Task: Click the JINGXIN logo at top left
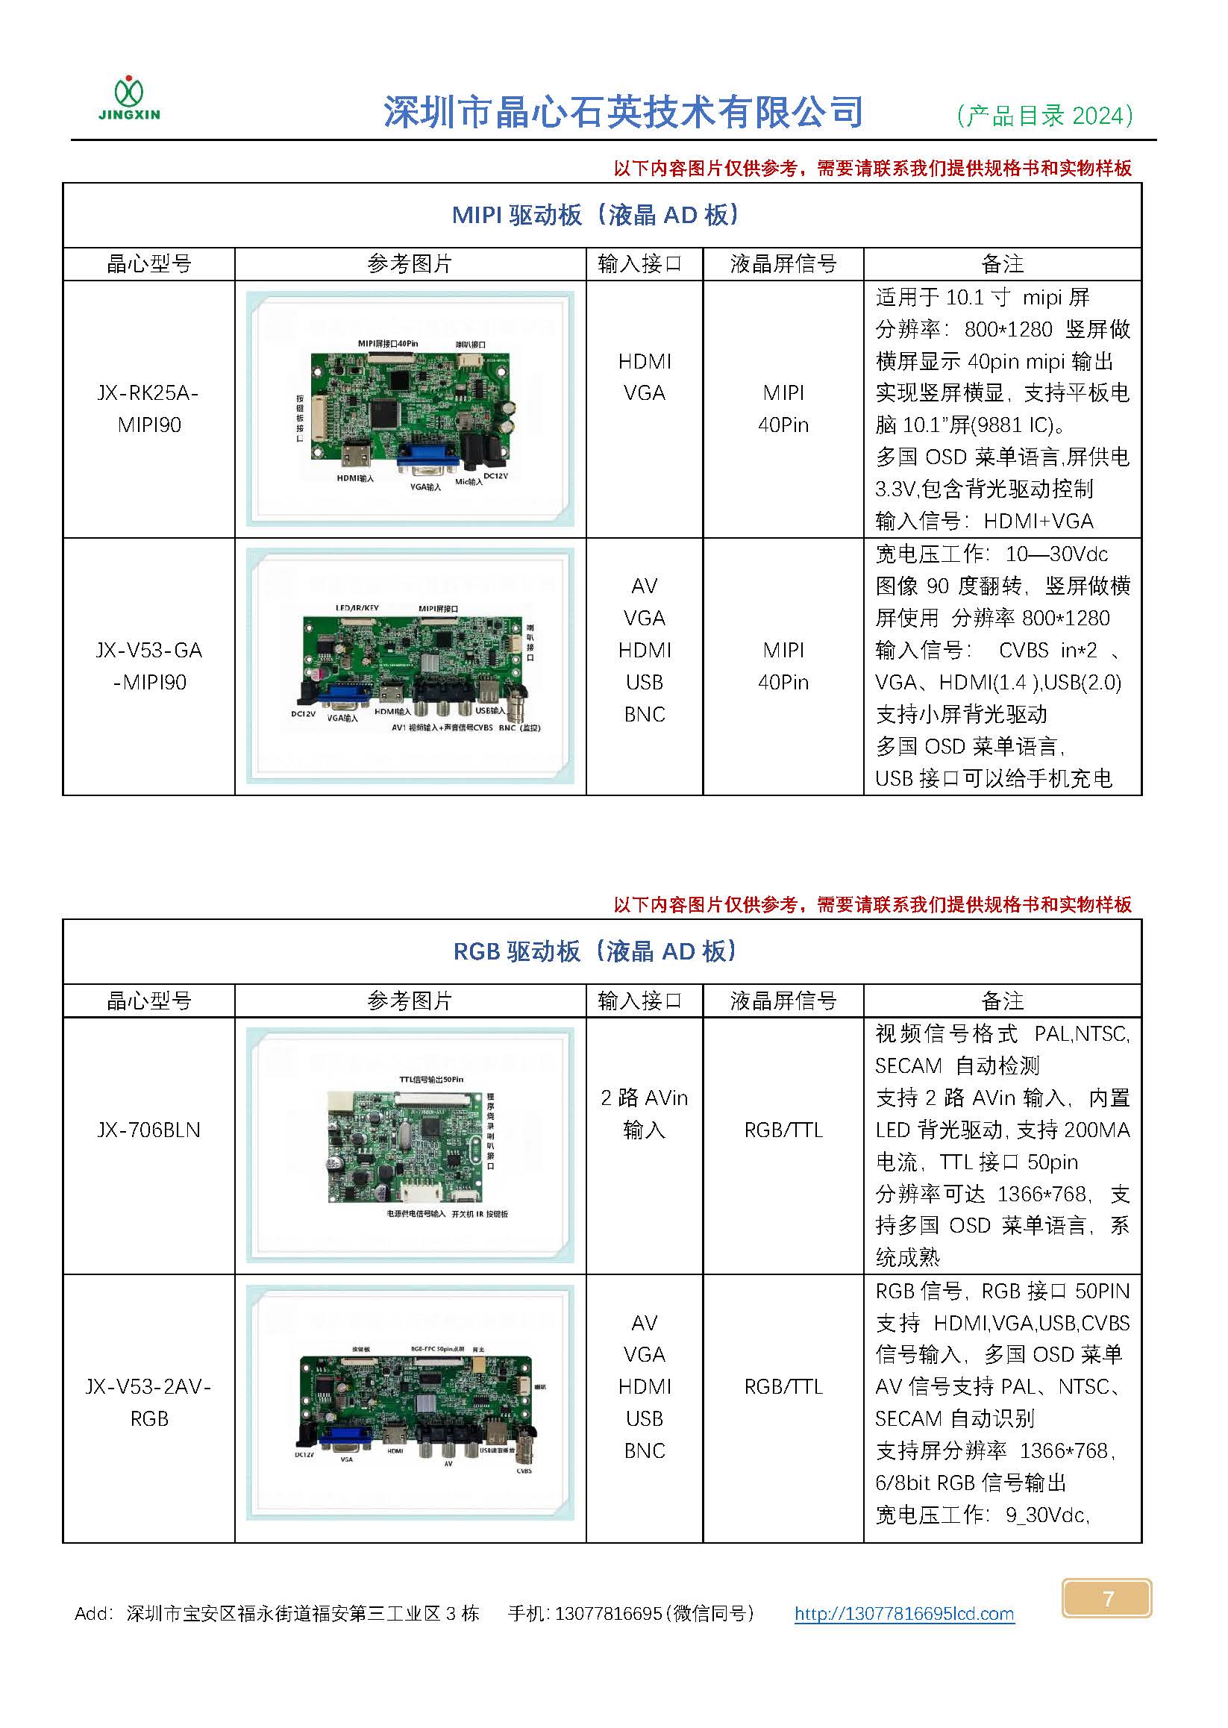point(129,99)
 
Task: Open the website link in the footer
point(903,1614)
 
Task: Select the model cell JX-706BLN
point(149,1130)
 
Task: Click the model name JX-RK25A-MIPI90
point(149,408)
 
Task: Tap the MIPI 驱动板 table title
point(595,216)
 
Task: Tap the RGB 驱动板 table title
point(595,951)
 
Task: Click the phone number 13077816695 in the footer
point(608,1614)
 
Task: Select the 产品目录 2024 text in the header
point(1044,115)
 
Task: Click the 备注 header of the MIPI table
point(1002,264)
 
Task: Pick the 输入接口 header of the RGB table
point(639,1001)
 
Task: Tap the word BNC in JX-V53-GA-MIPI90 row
point(645,714)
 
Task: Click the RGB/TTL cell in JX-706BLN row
point(783,1130)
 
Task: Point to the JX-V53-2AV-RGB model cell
point(149,1402)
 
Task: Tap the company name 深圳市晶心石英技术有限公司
point(624,113)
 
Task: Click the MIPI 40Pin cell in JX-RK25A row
point(783,408)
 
